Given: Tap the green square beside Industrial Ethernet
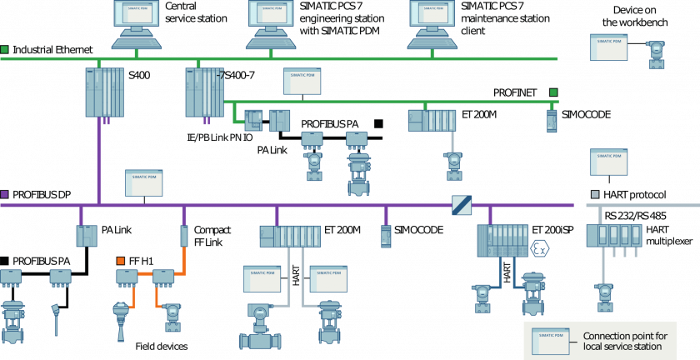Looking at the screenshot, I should pyautogui.click(x=5, y=49).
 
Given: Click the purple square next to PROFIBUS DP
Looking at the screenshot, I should pyautogui.click(x=5, y=194).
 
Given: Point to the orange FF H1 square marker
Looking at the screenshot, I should pyautogui.click(x=121, y=260).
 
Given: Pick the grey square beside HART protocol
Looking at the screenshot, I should pyautogui.click(x=594, y=194).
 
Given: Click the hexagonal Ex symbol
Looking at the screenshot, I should pyautogui.click(x=540, y=247).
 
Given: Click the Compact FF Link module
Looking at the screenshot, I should pyautogui.click(x=184, y=235).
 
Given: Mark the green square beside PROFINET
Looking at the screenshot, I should pyautogui.click(x=552, y=92).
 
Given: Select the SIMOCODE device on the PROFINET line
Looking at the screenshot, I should pyautogui.click(x=551, y=120).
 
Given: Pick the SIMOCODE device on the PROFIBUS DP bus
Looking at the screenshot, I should pyautogui.click(x=386, y=236).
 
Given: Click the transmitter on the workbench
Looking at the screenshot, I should pyautogui.click(x=656, y=54).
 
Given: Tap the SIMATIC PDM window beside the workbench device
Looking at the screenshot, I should pyautogui.click(x=608, y=47).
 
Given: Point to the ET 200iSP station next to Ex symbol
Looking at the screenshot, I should pyautogui.click(x=502, y=239).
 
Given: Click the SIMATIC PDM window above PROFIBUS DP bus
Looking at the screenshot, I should pyautogui.click(x=144, y=182).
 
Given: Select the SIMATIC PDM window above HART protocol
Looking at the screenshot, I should pyautogui.click(x=608, y=162).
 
